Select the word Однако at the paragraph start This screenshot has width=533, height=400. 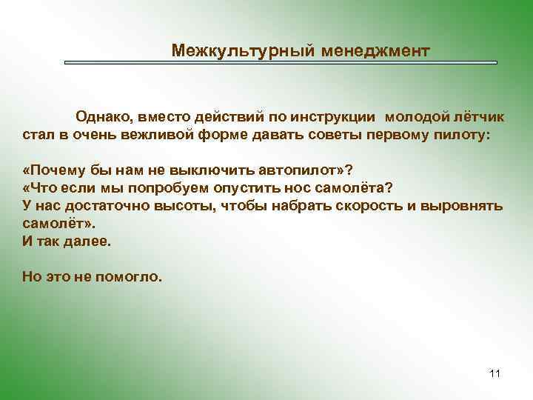click(103, 119)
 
